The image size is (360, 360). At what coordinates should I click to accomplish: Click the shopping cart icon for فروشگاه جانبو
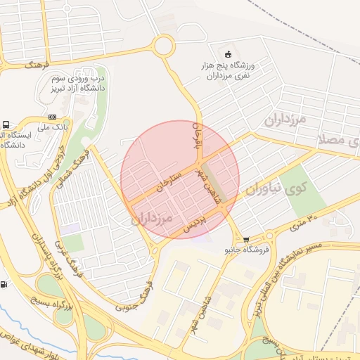click(245, 239)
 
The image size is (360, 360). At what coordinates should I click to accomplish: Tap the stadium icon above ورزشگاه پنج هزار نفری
click(227, 55)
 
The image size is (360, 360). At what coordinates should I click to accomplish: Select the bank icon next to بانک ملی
click(51, 117)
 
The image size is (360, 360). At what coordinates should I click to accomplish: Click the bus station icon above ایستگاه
click(6, 123)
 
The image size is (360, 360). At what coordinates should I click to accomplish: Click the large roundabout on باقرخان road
click(163, 46)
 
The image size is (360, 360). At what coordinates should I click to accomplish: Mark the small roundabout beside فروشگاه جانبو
click(268, 236)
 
